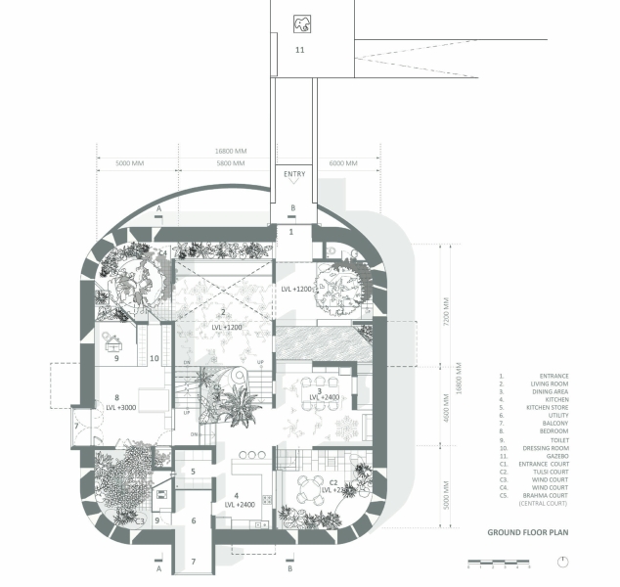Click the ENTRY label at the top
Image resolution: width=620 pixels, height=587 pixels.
(x=294, y=174)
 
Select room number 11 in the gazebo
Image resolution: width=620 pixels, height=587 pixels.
(x=299, y=48)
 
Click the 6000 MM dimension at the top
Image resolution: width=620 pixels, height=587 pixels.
(x=344, y=163)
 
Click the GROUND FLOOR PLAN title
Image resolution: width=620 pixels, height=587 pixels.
(x=527, y=533)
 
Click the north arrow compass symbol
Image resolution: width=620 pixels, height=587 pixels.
(x=563, y=562)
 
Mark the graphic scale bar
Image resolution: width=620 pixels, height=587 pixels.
(x=499, y=564)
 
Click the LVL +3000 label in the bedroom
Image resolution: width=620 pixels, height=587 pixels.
(x=125, y=407)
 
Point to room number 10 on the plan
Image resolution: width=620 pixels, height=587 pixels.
(x=155, y=359)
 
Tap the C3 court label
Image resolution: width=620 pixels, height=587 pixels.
(x=141, y=521)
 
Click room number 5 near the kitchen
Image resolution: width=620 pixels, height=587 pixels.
(x=193, y=472)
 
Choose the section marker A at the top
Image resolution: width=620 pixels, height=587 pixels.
(x=158, y=208)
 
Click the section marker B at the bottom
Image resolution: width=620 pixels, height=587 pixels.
(x=291, y=566)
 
